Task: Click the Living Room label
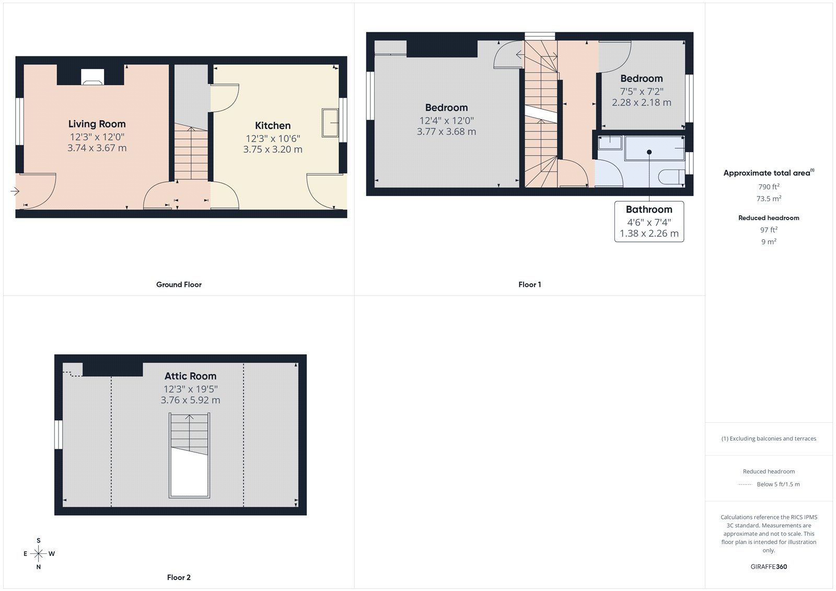coord(97,124)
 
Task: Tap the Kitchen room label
coord(273,125)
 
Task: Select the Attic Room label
coord(190,376)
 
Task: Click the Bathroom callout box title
coord(649,209)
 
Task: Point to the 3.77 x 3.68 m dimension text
coord(446,132)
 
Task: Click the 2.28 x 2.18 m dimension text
coord(642,102)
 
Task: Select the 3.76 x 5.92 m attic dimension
coord(190,400)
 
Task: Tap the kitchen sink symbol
coord(330,123)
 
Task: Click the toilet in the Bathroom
coord(671,176)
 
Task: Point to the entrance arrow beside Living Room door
coord(15,191)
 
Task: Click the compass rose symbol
coord(38,553)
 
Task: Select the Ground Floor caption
coord(179,284)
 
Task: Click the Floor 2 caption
coord(179,577)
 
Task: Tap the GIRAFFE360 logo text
coord(769,566)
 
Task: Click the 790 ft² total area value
coord(769,187)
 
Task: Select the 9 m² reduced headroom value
coord(769,241)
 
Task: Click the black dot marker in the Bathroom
coord(649,152)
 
